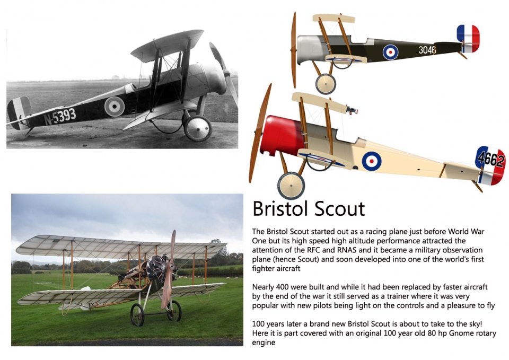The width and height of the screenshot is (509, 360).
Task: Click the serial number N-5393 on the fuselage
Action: tap(60, 116)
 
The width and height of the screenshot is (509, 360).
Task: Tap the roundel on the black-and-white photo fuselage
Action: tap(115, 107)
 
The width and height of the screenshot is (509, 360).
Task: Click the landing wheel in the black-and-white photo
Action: tap(198, 128)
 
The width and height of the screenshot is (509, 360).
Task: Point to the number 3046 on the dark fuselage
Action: tap(427, 50)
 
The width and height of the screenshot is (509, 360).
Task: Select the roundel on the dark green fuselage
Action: tap(391, 52)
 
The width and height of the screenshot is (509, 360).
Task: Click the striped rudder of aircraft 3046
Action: tap(468, 39)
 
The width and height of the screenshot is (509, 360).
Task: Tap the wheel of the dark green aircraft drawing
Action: tap(326, 84)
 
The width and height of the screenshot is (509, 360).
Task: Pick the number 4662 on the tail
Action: tap(491, 159)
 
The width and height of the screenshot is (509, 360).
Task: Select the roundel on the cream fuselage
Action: tap(372, 161)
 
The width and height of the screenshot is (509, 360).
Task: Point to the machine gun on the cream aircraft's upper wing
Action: tap(352, 110)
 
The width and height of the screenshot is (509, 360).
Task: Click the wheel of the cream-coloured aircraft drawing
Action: tap(291, 186)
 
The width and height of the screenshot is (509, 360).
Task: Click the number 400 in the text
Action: tap(282, 287)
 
